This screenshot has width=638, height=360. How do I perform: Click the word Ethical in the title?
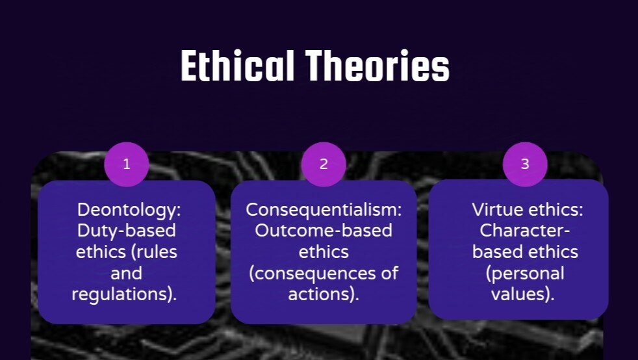237,66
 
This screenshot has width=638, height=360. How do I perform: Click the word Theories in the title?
377,66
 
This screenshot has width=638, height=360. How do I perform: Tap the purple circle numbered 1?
127,164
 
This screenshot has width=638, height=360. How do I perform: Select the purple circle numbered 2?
324,164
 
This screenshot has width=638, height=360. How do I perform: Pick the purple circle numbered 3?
525,164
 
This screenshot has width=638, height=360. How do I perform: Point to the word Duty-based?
127,231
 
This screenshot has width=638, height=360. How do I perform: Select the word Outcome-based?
324,231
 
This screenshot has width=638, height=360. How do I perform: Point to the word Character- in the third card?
525,231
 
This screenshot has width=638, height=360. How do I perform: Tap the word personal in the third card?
528,274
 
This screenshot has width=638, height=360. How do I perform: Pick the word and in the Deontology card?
127,274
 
